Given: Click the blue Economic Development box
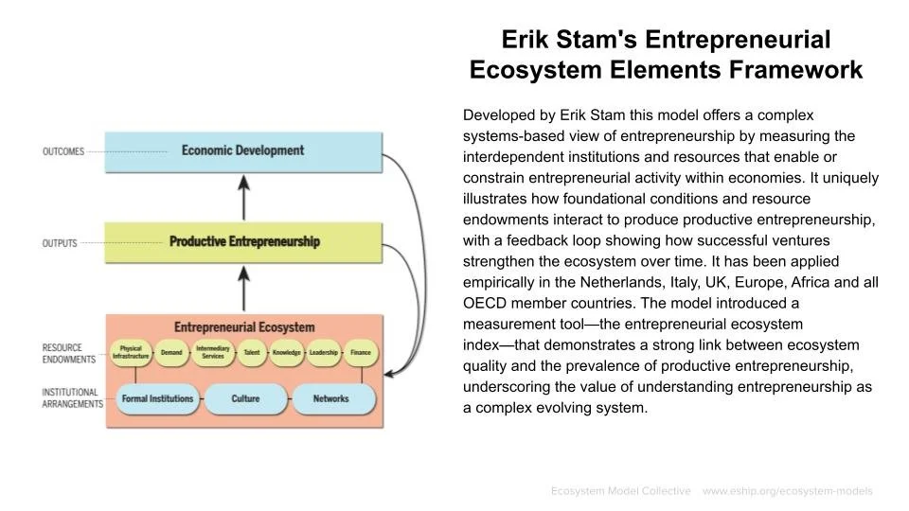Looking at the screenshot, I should (243, 151).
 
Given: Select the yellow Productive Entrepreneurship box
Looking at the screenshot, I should (243, 242).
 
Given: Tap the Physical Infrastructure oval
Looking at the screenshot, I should (130, 353).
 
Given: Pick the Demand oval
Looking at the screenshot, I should (171, 353).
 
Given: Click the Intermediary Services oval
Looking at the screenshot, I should (213, 353).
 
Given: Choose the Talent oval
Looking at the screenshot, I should (251, 353).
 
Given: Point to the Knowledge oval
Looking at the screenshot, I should (286, 353).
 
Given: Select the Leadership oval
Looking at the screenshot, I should (323, 353).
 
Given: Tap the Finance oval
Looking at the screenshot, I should (361, 353).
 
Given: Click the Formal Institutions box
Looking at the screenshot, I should (157, 399).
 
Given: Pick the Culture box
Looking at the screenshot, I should (245, 399).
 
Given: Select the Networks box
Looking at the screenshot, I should (330, 399).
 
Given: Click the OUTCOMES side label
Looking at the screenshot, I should (63, 151).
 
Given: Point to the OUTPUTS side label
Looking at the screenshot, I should (60, 243).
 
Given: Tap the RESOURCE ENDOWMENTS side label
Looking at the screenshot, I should (69, 353).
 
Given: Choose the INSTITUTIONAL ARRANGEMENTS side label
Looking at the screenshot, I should (72, 397).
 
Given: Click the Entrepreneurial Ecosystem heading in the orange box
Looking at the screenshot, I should (244, 327).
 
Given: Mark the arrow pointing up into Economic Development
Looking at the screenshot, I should (244, 197).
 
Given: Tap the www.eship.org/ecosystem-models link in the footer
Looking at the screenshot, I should (787, 491).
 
